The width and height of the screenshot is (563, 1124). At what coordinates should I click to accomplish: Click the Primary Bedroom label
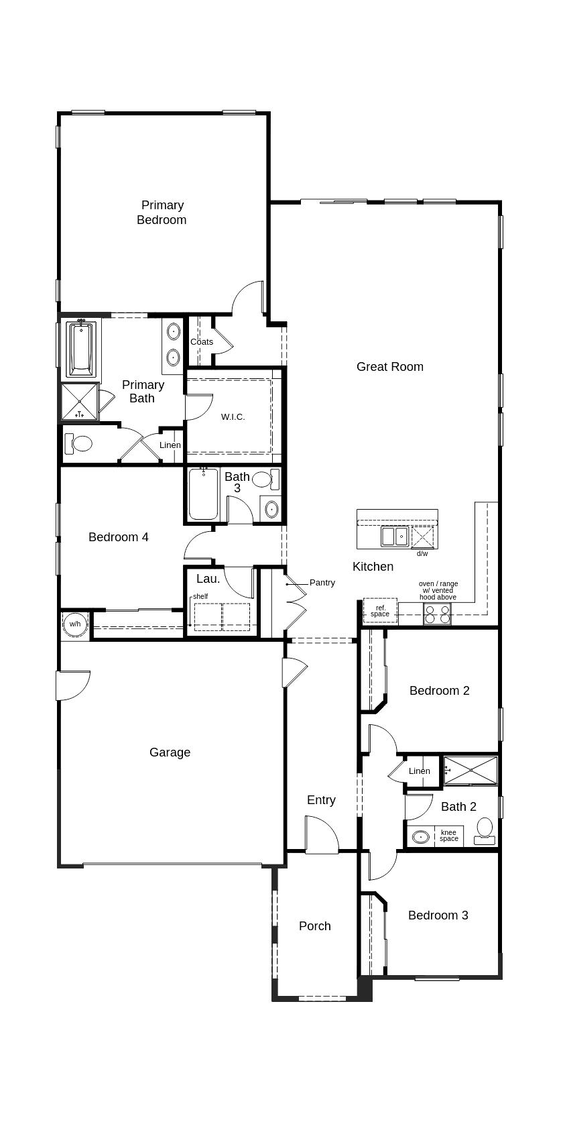coord(162,213)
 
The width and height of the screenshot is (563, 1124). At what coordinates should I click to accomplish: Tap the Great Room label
coord(389,367)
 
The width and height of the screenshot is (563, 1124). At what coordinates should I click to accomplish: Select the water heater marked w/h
coord(74,624)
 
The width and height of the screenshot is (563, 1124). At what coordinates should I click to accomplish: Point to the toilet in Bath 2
coord(485,829)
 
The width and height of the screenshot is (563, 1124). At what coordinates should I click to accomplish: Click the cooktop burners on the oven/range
coord(437,614)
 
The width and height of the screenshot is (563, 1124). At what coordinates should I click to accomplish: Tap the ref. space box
coord(380,611)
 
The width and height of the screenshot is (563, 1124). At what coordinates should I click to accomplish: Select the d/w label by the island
coord(422,554)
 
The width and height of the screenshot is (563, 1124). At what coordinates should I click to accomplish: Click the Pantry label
coord(322,583)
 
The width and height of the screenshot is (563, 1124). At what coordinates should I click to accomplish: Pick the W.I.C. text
coord(233,417)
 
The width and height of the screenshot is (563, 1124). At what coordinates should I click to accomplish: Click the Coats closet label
coord(202,342)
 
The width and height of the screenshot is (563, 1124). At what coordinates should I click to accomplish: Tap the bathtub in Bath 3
coord(203,495)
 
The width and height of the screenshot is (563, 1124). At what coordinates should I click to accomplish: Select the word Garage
coord(170,752)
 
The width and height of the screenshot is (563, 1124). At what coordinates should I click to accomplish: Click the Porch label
coord(314,926)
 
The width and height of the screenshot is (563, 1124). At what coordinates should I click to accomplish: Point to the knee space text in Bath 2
coord(449,836)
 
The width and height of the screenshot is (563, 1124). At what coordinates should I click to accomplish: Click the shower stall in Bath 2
coord(471,770)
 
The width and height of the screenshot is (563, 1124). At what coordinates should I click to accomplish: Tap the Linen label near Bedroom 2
coord(420,771)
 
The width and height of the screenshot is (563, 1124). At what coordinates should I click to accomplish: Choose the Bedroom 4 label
coord(119,537)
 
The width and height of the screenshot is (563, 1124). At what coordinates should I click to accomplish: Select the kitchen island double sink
coord(395,537)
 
